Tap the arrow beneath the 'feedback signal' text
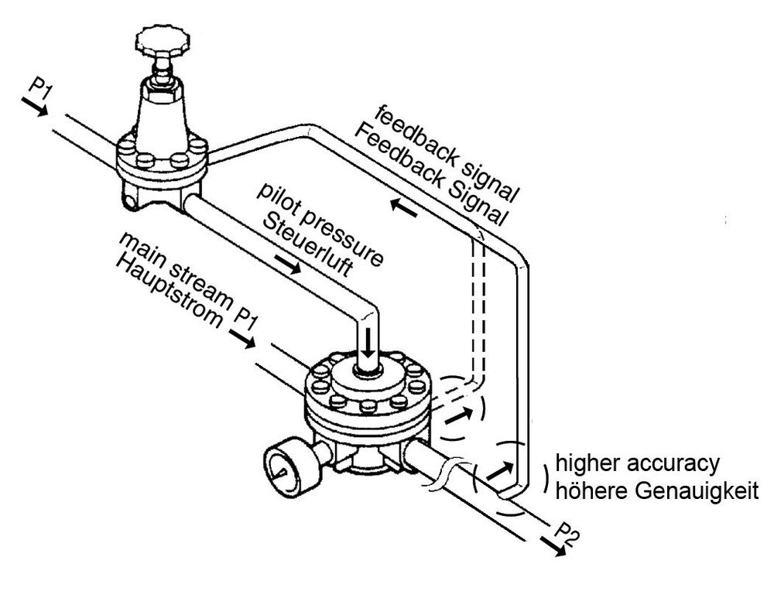[x=405, y=207]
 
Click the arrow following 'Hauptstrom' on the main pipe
[x=241, y=340]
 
